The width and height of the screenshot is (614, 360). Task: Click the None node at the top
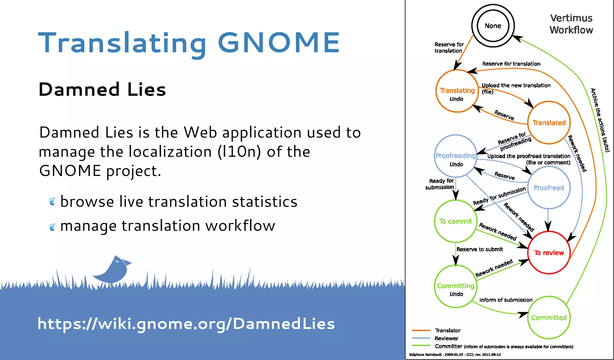tap(493, 26)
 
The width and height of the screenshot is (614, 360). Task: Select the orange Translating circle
tap(457, 91)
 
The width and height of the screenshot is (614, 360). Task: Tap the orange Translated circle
tap(549, 123)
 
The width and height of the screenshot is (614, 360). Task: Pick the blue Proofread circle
tap(549, 188)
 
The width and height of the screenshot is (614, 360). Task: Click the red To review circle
tap(549, 253)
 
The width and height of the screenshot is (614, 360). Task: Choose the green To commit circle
tap(455, 221)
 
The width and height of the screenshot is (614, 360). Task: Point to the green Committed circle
tap(549, 317)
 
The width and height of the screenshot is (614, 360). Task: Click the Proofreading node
tap(455, 156)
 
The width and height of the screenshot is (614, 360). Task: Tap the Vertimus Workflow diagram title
tap(571, 24)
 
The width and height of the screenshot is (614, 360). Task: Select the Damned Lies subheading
tap(102, 89)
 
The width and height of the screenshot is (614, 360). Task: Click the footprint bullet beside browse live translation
tap(52, 202)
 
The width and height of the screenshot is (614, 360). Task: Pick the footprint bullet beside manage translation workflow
tap(52, 227)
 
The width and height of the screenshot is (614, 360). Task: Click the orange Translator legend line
tap(421, 330)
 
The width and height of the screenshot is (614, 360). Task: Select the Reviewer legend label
tap(446, 338)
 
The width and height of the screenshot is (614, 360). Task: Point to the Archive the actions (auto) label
tap(600, 120)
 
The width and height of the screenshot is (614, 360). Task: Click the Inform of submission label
tap(506, 300)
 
